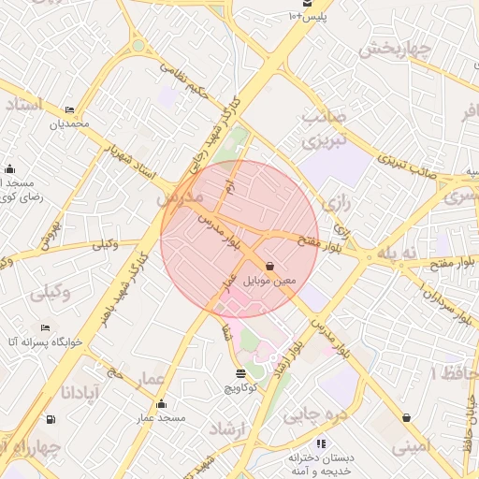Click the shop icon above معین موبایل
[270, 266]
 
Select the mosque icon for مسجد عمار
[161, 404]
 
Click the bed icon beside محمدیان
[69, 109]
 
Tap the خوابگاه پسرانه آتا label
[46, 342]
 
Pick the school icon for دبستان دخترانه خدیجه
[321, 443]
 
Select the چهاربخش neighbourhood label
[395, 47]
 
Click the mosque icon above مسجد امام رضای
[9, 169]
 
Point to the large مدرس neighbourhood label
[179, 199]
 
